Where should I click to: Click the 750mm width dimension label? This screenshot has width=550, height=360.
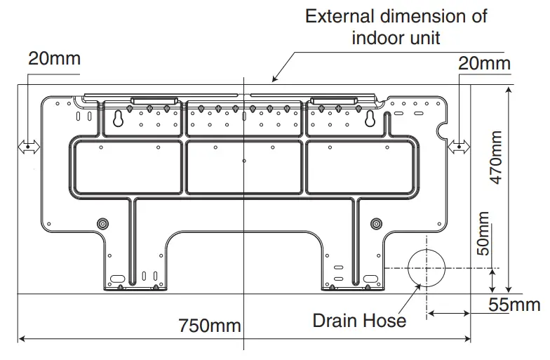coord(209,326)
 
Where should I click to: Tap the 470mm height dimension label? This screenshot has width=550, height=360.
coord(497,158)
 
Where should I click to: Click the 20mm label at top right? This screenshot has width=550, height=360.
coord(484,63)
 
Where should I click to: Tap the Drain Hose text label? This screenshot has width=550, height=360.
coord(359,321)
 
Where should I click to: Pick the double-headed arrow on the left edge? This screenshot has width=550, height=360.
coord(29,147)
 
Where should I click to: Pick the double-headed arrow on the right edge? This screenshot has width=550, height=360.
coord(460,147)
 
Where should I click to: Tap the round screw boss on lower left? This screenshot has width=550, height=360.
coord(104,223)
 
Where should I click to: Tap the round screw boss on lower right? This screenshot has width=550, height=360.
coord(377,223)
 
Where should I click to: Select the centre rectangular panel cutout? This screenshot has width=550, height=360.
coord(244,167)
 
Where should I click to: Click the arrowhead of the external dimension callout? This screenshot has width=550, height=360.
coord(276,79)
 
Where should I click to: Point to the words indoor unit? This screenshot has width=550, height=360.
coord(396,38)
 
